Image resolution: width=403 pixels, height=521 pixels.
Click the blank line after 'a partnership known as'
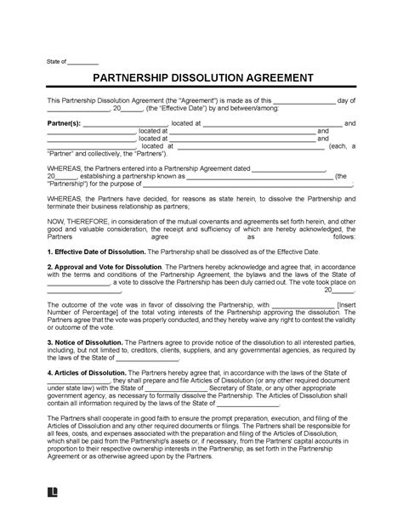tap(272, 177)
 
